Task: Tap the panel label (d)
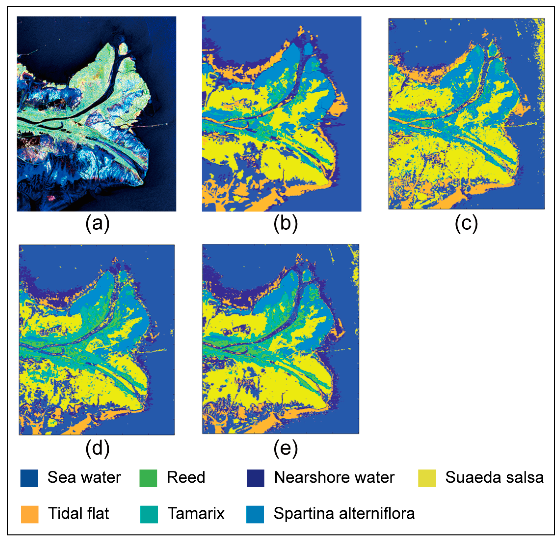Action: [97, 448]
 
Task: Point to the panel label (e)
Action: [285, 448]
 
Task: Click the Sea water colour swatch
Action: [29, 478]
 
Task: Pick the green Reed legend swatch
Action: [148, 478]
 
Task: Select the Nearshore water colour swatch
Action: [255, 478]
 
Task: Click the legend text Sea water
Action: [84, 477]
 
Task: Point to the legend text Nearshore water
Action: [334, 477]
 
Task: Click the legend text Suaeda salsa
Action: [494, 477]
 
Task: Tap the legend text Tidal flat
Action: [78, 513]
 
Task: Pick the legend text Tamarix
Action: [196, 513]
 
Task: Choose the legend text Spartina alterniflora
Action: [344, 513]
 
